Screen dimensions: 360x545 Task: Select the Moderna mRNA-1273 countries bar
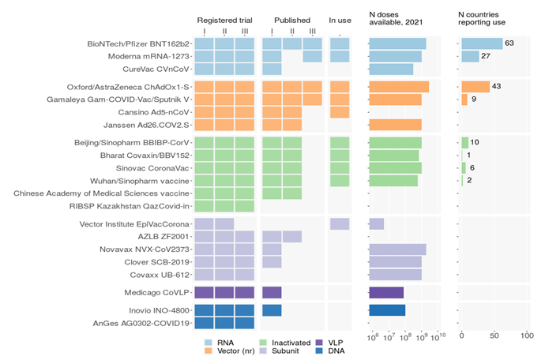tap(470, 56)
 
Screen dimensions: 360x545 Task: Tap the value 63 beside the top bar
tap(509, 43)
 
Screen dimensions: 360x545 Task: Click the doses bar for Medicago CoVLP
tap(386, 292)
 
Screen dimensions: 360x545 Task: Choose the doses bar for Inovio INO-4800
tap(387, 309)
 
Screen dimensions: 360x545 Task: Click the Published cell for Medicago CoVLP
tap(272, 292)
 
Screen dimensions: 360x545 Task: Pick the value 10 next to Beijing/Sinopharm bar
tap(475, 142)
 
